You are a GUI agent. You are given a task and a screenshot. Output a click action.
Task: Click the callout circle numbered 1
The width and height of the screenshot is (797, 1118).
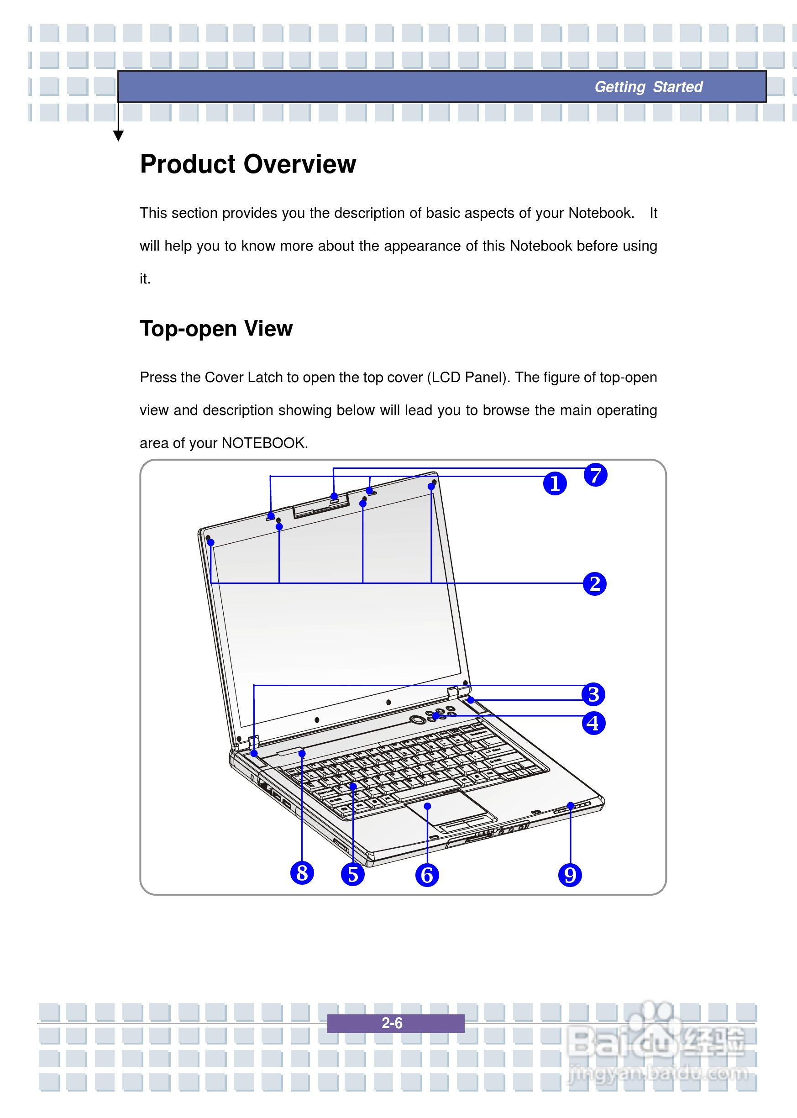tap(555, 483)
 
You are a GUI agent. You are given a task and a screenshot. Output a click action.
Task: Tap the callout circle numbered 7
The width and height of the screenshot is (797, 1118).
tap(595, 475)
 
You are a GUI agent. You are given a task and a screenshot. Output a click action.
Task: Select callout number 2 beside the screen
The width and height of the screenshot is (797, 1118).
tap(594, 583)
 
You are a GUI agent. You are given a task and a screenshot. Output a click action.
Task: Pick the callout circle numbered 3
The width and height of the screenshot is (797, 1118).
tap(593, 694)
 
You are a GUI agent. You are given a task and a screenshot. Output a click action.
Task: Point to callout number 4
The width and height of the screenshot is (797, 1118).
tap(593, 723)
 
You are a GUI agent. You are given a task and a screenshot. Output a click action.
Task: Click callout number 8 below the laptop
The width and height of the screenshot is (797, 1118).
tap(302, 872)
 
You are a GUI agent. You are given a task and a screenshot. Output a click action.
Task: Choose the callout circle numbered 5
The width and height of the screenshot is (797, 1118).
tap(352, 874)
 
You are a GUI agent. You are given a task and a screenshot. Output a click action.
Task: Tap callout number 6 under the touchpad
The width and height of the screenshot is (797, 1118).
tap(426, 875)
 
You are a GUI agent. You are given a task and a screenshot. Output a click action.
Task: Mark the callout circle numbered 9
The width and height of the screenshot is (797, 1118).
tap(570, 875)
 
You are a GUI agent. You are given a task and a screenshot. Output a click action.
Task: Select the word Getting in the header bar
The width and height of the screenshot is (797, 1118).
tap(620, 87)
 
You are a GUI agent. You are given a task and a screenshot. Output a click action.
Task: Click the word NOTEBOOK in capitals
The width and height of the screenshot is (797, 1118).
tap(263, 443)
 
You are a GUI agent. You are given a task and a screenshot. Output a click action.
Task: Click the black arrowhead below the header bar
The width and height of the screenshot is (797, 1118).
tap(118, 136)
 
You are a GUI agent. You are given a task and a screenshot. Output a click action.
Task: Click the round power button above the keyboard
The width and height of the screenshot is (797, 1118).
tap(418, 719)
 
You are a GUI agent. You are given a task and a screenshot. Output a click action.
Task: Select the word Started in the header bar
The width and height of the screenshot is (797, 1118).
tap(678, 87)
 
